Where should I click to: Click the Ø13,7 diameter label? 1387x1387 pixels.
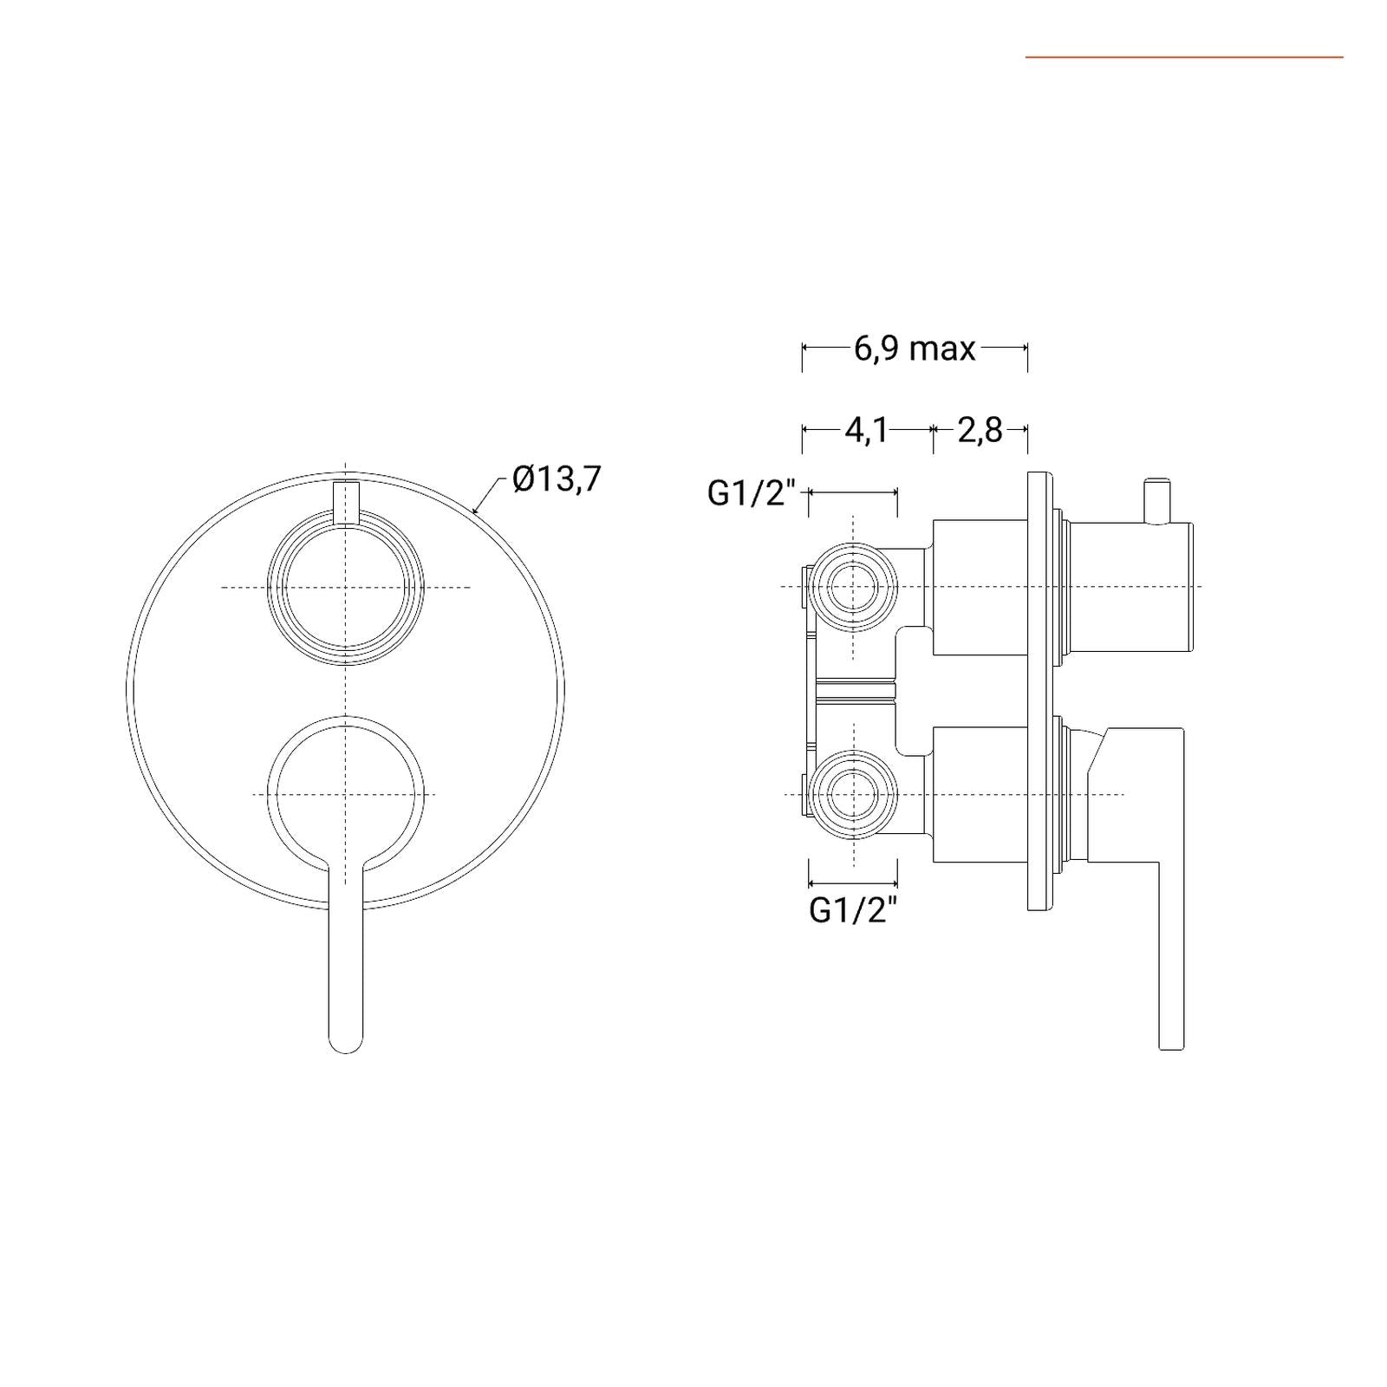tap(557, 479)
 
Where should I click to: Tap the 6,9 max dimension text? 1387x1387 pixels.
tap(915, 348)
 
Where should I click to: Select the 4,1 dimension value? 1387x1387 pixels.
tap(866, 430)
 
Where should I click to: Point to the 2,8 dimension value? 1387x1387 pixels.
tap(980, 430)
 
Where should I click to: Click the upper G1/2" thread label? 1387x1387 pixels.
tap(752, 493)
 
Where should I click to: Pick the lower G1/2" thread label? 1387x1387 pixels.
tap(853, 910)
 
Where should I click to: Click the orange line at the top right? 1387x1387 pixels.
tap(1184, 57)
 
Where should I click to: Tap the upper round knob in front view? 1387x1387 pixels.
tap(346, 588)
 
